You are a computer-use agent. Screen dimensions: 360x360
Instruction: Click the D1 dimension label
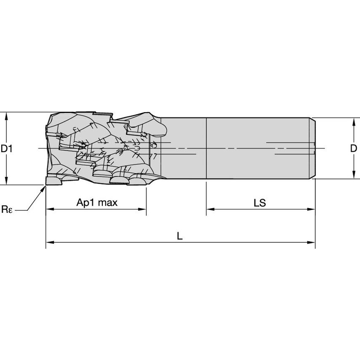pyautogui.click(x=7, y=148)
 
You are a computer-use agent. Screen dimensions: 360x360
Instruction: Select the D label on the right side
pyautogui.click(x=353, y=148)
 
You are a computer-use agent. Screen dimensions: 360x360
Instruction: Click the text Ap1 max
pyautogui.click(x=97, y=203)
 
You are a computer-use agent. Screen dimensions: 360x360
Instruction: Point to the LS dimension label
pyautogui.click(x=260, y=203)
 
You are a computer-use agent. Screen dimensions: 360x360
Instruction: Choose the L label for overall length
pyautogui.click(x=180, y=236)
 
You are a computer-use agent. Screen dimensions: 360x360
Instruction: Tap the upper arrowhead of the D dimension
pyautogui.click(x=353, y=121)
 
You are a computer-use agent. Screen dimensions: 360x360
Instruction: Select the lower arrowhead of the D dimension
pyautogui.click(x=353, y=176)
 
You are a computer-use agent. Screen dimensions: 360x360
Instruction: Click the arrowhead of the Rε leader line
pyautogui.click(x=44, y=188)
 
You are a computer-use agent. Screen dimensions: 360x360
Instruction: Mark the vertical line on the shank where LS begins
pyautogui.click(x=206, y=148)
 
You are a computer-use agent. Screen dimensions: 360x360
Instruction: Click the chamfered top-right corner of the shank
pyautogui.click(x=314, y=120)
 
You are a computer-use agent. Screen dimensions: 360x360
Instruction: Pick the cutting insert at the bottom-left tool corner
pyautogui.click(x=54, y=180)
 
